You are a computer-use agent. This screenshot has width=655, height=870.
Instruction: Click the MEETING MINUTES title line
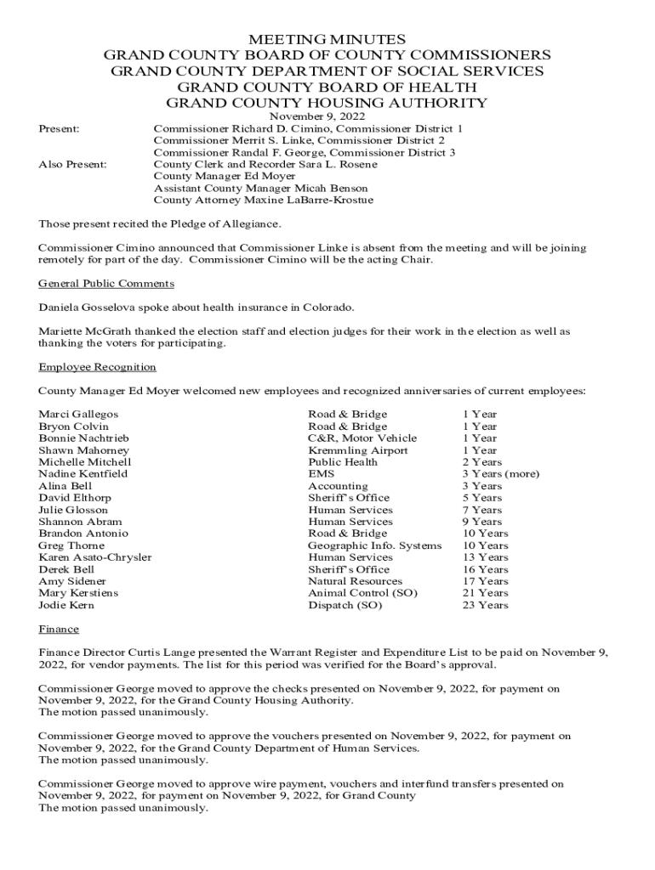click(327, 39)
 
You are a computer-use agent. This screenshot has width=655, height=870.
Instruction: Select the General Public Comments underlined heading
click(106, 284)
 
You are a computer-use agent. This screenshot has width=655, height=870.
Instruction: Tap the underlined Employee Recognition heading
click(97, 367)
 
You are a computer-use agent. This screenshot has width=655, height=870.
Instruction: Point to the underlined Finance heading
click(59, 629)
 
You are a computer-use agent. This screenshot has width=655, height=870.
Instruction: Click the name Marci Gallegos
click(78, 415)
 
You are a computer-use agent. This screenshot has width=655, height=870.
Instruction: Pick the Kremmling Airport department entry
click(357, 450)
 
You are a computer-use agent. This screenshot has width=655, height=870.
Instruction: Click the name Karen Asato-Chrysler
click(95, 557)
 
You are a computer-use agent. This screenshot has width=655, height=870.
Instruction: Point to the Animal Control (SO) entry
click(362, 593)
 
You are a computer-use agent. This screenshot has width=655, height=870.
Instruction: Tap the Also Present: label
click(73, 164)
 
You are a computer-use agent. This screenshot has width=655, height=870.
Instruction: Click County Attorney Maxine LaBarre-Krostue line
click(263, 201)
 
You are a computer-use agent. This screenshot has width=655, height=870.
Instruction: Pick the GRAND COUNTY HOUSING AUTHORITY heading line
click(327, 103)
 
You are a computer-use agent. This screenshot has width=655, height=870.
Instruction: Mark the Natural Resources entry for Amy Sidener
click(355, 581)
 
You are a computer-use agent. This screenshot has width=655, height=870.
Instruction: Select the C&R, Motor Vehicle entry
click(362, 438)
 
